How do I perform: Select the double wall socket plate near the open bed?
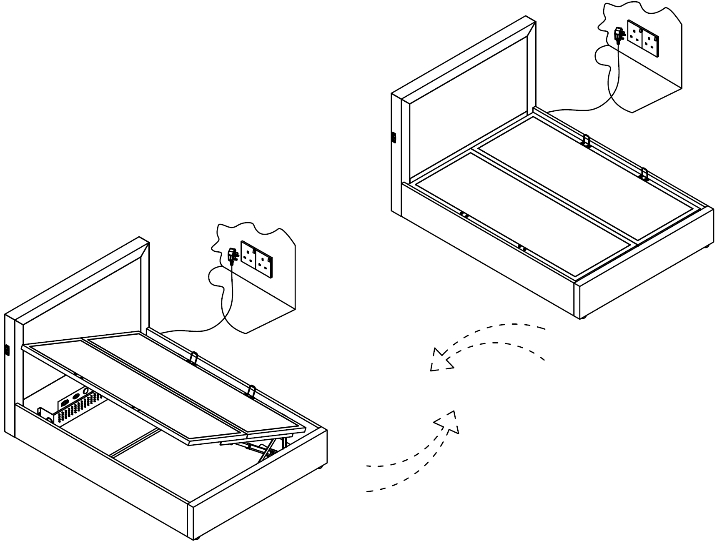tap(256, 259)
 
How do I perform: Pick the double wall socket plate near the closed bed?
tap(644, 38)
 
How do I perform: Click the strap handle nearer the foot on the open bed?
tap(251, 391)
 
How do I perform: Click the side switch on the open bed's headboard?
tap(7, 350)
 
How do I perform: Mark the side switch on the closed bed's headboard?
tap(394, 137)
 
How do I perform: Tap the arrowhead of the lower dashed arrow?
tap(448, 421)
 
